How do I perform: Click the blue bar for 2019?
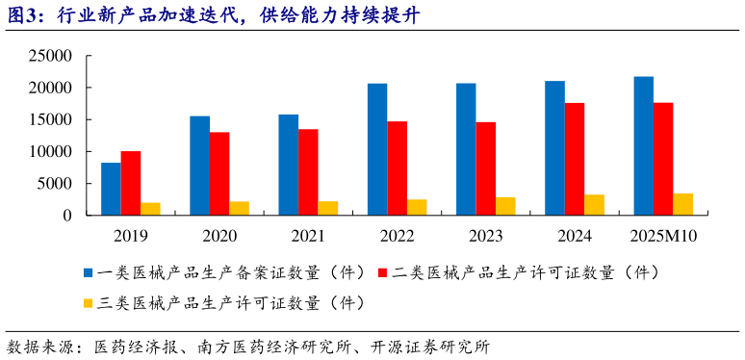click(x=111, y=189)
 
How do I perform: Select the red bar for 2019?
click(x=131, y=183)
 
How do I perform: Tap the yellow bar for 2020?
click(x=239, y=208)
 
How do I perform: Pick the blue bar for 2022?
click(x=377, y=149)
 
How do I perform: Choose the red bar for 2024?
click(x=575, y=159)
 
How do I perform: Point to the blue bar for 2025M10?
click(x=644, y=145)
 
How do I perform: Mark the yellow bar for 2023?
click(x=505, y=206)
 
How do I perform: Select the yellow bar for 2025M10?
click(x=683, y=204)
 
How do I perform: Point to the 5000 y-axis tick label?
click(x=58, y=183)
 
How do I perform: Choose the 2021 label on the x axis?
click(x=308, y=234)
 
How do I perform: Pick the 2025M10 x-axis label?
click(x=663, y=234)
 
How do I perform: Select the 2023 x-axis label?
click(x=485, y=234)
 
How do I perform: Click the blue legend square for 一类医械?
click(x=89, y=272)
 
